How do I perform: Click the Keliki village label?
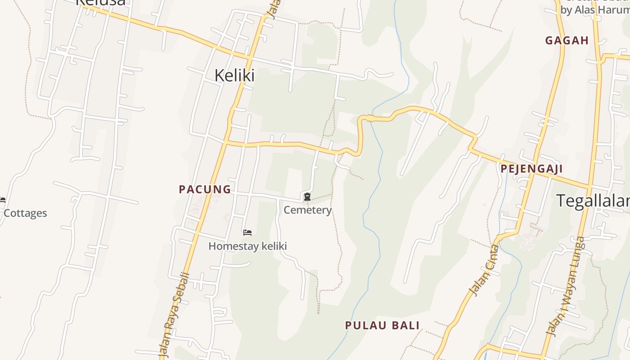pyautogui.click(x=234, y=75)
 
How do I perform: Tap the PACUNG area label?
pyautogui.click(x=205, y=189)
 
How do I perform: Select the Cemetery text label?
pyautogui.click(x=307, y=210)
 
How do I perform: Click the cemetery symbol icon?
pyautogui.click(x=307, y=197)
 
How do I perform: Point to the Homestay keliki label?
pyautogui.click(x=247, y=246)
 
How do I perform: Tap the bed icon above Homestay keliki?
pyautogui.click(x=247, y=232)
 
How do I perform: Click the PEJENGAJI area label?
pyautogui.click(x=531, y=169)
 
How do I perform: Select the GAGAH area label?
pyautogui.click(x=567, y=40)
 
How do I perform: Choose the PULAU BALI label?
pyautogui.click(x=382, y=325)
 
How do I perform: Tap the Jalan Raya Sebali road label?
pyautogui.click(x=175, y=315)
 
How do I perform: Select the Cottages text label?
pyautogui.click(x=25, y=213)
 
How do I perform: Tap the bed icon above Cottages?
pyautogui.click(x=2, y=200)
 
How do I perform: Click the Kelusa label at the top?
pyautogui.click(x=100, y=2)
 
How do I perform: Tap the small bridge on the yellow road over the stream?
pyautogui.click(x=370, y=118)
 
